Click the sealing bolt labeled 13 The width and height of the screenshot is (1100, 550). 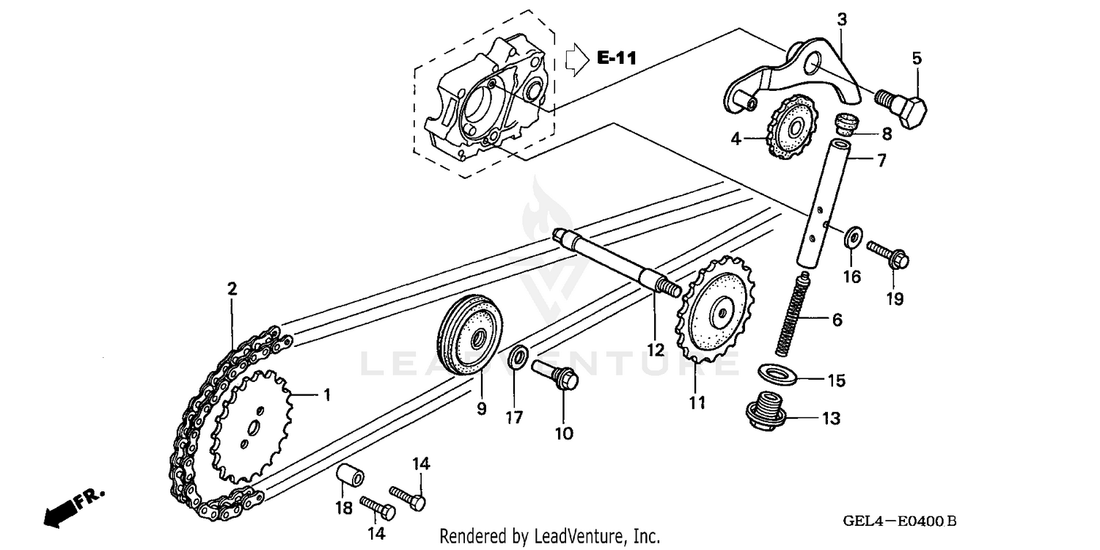763,414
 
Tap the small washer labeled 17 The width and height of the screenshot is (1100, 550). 517,356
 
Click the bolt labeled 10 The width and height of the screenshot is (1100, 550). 557,373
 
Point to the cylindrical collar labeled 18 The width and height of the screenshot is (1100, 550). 351,477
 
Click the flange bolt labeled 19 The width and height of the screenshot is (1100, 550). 888,254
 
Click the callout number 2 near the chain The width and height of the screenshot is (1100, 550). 232,289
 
